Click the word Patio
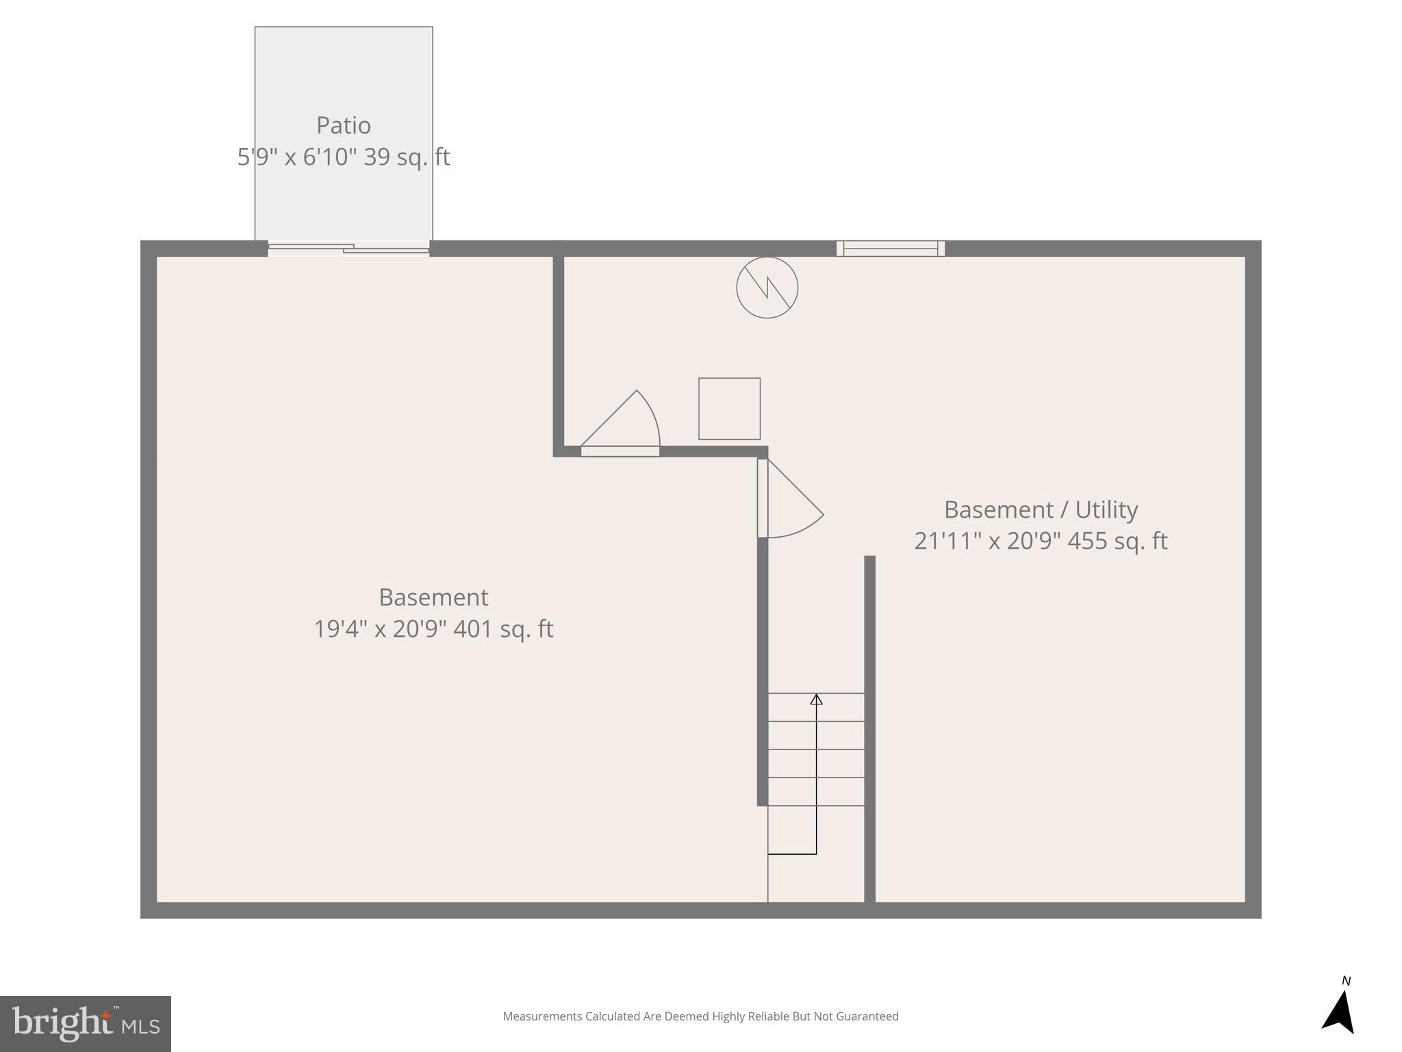pos(344,125)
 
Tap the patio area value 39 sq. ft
pos(407,157)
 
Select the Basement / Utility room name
pos(1041,510)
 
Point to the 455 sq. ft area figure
pos(1117,541)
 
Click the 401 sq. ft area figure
pos(503,629)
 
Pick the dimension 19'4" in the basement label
pos(340,629)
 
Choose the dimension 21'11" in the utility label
pos(943,541)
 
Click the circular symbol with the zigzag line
pos(767,288)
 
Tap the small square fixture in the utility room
pos(729,409)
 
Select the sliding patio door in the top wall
pos(348,249)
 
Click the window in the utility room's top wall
pos(890,249)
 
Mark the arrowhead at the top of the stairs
pos(816,699)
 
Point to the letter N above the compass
pos(1346,981)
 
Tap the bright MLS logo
pos(86,1023)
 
